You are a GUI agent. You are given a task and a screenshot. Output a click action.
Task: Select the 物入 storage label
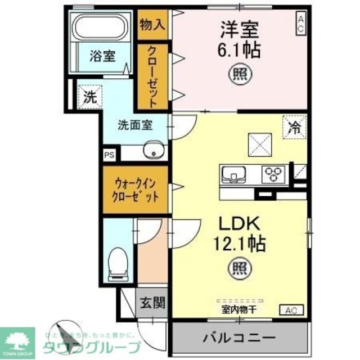pyautogui.click(x=152, y=25)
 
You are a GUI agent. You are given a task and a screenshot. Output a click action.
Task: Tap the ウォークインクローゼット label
pyautogui.click(x=135, y=190)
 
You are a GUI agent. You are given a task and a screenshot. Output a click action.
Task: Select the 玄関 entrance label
pyautogui.click(x=152, y=304)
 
